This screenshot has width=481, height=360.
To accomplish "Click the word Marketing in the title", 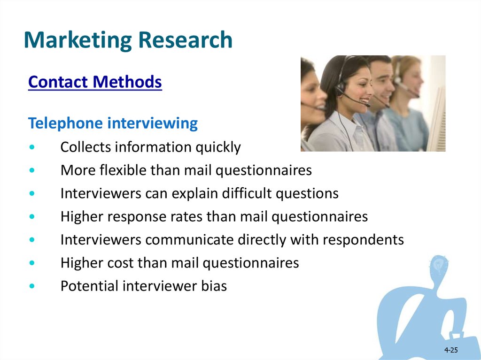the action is (78, 40).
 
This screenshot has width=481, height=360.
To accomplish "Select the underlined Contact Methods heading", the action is (95, 82).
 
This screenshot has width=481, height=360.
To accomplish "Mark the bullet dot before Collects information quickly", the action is (32, 147).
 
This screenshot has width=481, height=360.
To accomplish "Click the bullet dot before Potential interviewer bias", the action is (32, 286).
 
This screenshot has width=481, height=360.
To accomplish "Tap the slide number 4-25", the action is (451, 350).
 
